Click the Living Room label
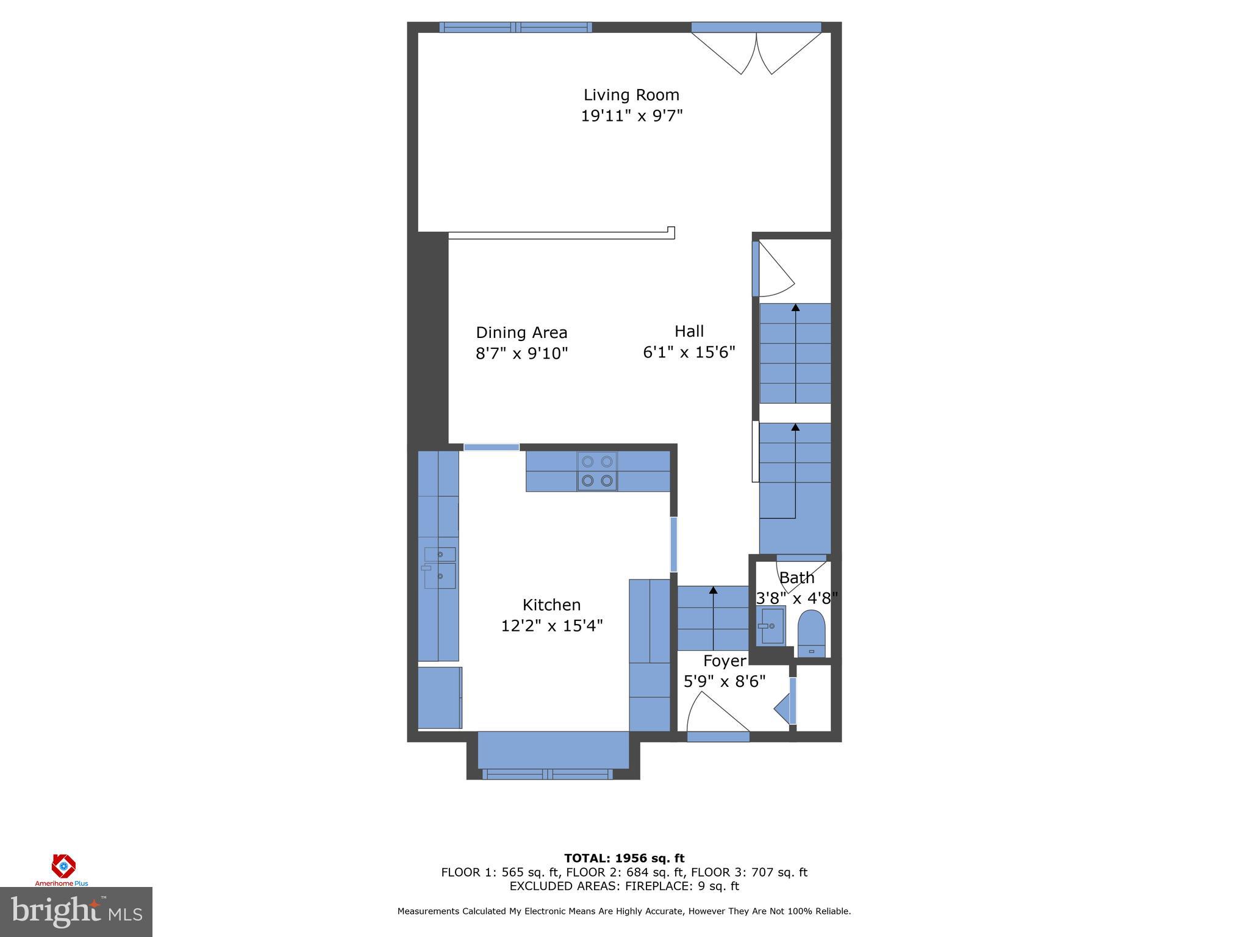631,95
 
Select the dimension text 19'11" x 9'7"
631,116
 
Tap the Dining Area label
521,332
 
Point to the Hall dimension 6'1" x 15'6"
689,353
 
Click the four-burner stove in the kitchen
597,472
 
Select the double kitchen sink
440,567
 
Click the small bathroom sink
770,626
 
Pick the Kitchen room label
551,605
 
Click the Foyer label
725,661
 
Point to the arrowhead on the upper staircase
795,307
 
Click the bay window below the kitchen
547,774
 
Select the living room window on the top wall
515,27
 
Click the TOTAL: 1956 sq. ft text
624,858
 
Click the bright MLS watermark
76,912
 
